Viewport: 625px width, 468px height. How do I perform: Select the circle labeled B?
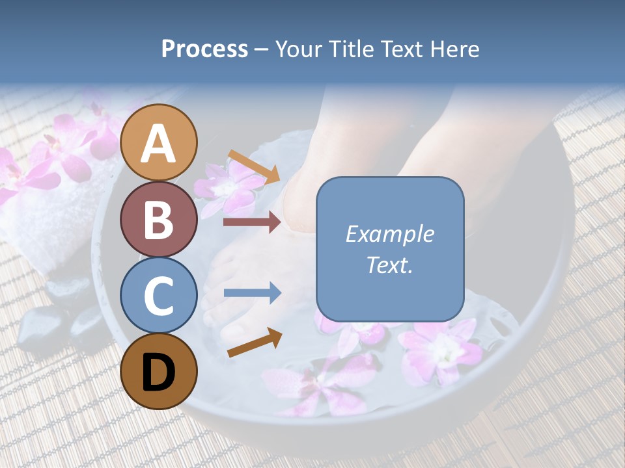[159, 219]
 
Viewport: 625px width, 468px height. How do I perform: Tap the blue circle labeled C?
[159, 295]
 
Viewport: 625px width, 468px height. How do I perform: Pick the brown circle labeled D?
[159, 371]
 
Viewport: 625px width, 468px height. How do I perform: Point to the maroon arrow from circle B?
[252, 222]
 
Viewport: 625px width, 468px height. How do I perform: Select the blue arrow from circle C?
[252, 293]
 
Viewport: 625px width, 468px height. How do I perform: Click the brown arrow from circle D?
[255, 343]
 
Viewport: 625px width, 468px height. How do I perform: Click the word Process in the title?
[204, 49]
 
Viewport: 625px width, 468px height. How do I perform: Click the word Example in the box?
[389, 234]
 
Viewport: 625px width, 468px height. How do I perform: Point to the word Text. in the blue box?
[389, 265]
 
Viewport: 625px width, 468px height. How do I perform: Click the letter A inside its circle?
[159, 144]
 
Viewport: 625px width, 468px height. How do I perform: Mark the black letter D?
[159, 372]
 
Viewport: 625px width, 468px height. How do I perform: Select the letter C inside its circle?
[159, 296]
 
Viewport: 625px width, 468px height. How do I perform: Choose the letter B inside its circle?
[159, 220]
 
